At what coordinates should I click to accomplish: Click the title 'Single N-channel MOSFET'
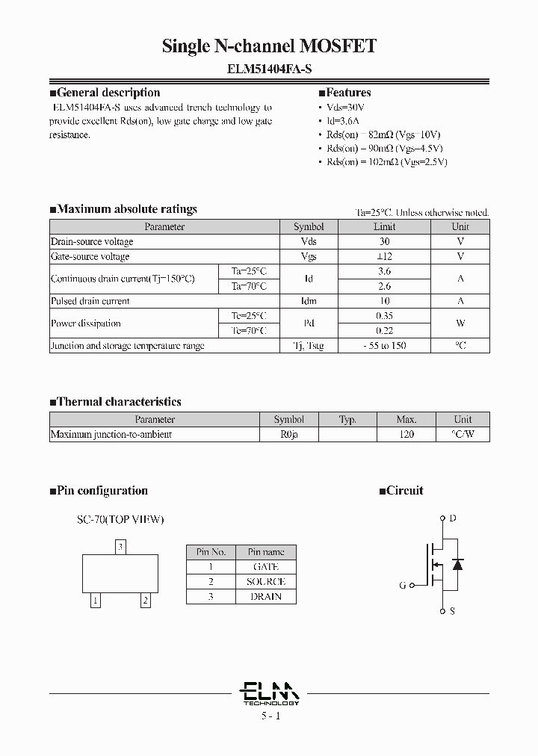(269, 46)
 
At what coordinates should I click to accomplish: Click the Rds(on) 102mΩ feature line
(386, 162)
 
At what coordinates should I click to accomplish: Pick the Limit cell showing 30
(384, 241)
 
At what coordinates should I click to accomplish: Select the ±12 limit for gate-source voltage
(384, 256)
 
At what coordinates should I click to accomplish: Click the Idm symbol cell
(309, 301)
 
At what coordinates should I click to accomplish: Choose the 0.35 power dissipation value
(384, 316)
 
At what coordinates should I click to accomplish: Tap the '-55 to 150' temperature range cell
(384, 346)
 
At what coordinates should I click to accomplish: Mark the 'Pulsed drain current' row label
(90, 301)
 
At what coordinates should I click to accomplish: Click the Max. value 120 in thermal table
(406, 434)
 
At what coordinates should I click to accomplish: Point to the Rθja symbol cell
(288, 434)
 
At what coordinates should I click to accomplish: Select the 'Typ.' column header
(347, 420)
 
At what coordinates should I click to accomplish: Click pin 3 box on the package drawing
(120, 548)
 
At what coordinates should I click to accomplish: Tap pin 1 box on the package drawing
(96, 600)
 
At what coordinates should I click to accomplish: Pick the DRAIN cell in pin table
(267, 596)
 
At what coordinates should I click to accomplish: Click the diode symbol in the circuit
(458, 564)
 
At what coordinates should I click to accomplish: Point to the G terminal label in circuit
(402, 586)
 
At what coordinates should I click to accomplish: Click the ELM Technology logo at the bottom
(270, 693)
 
